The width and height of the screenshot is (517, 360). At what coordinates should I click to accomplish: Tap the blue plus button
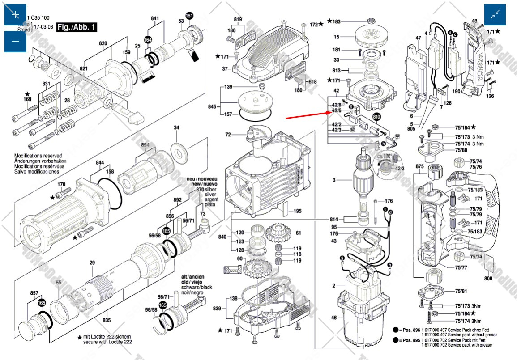[16, 15]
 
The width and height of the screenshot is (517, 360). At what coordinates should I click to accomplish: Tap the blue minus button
[16, 42]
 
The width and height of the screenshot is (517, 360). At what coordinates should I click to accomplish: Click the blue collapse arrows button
[495, 15]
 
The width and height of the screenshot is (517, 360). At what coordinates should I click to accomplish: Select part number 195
[297, 211]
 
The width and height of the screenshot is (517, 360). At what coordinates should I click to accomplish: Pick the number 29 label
[92, 263]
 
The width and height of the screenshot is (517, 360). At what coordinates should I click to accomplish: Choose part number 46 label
[334, 318]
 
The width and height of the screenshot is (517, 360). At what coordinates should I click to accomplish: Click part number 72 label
[228, 135]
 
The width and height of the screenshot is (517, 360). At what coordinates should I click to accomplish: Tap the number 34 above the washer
[176, 128]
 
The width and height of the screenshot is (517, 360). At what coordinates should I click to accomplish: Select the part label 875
[419, 166]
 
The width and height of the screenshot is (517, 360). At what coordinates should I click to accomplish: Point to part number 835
[106, 320]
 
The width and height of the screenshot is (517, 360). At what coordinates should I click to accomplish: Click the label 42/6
[337, 110]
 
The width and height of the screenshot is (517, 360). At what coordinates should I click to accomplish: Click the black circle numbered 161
[189, 16]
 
